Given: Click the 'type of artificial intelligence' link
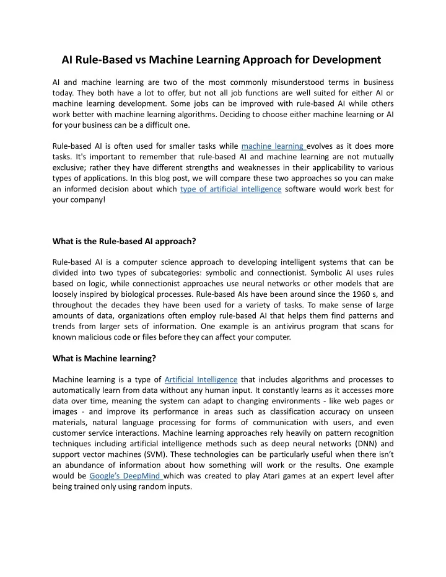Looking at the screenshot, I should [x=230, y=189].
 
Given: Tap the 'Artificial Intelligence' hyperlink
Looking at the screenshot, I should [x=201, y=379].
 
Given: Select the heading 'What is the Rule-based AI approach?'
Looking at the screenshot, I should [x=125, y=241].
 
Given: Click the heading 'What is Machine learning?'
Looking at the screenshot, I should [x=103, y=358].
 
